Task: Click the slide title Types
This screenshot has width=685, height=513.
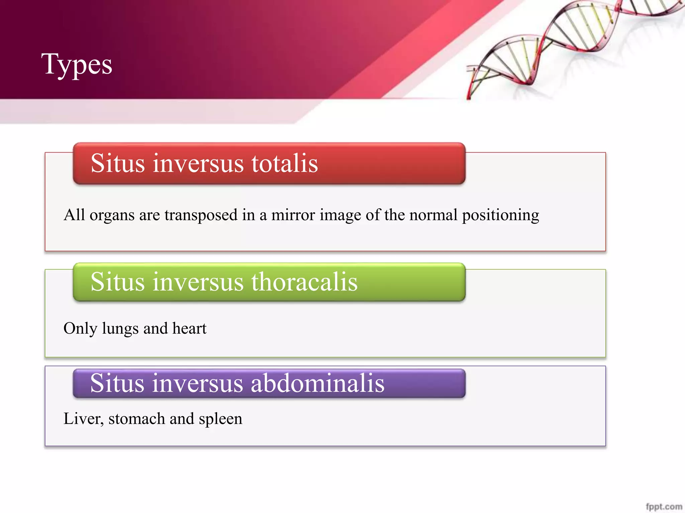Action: (77, 64)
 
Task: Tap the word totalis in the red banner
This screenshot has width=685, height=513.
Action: (284, 163)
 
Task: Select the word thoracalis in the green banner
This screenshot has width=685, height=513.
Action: (304, 282)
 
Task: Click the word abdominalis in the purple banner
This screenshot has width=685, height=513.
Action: (317, 383)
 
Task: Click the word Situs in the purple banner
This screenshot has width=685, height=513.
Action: (117, 383)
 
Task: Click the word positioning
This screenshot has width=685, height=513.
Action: (500, 215)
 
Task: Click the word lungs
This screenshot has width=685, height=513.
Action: (120, 329)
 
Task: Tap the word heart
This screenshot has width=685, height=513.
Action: (189, 328)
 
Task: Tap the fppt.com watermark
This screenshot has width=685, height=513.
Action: (664, 507)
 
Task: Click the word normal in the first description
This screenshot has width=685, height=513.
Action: (433, 215)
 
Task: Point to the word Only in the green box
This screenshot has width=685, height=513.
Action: (80, 329)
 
